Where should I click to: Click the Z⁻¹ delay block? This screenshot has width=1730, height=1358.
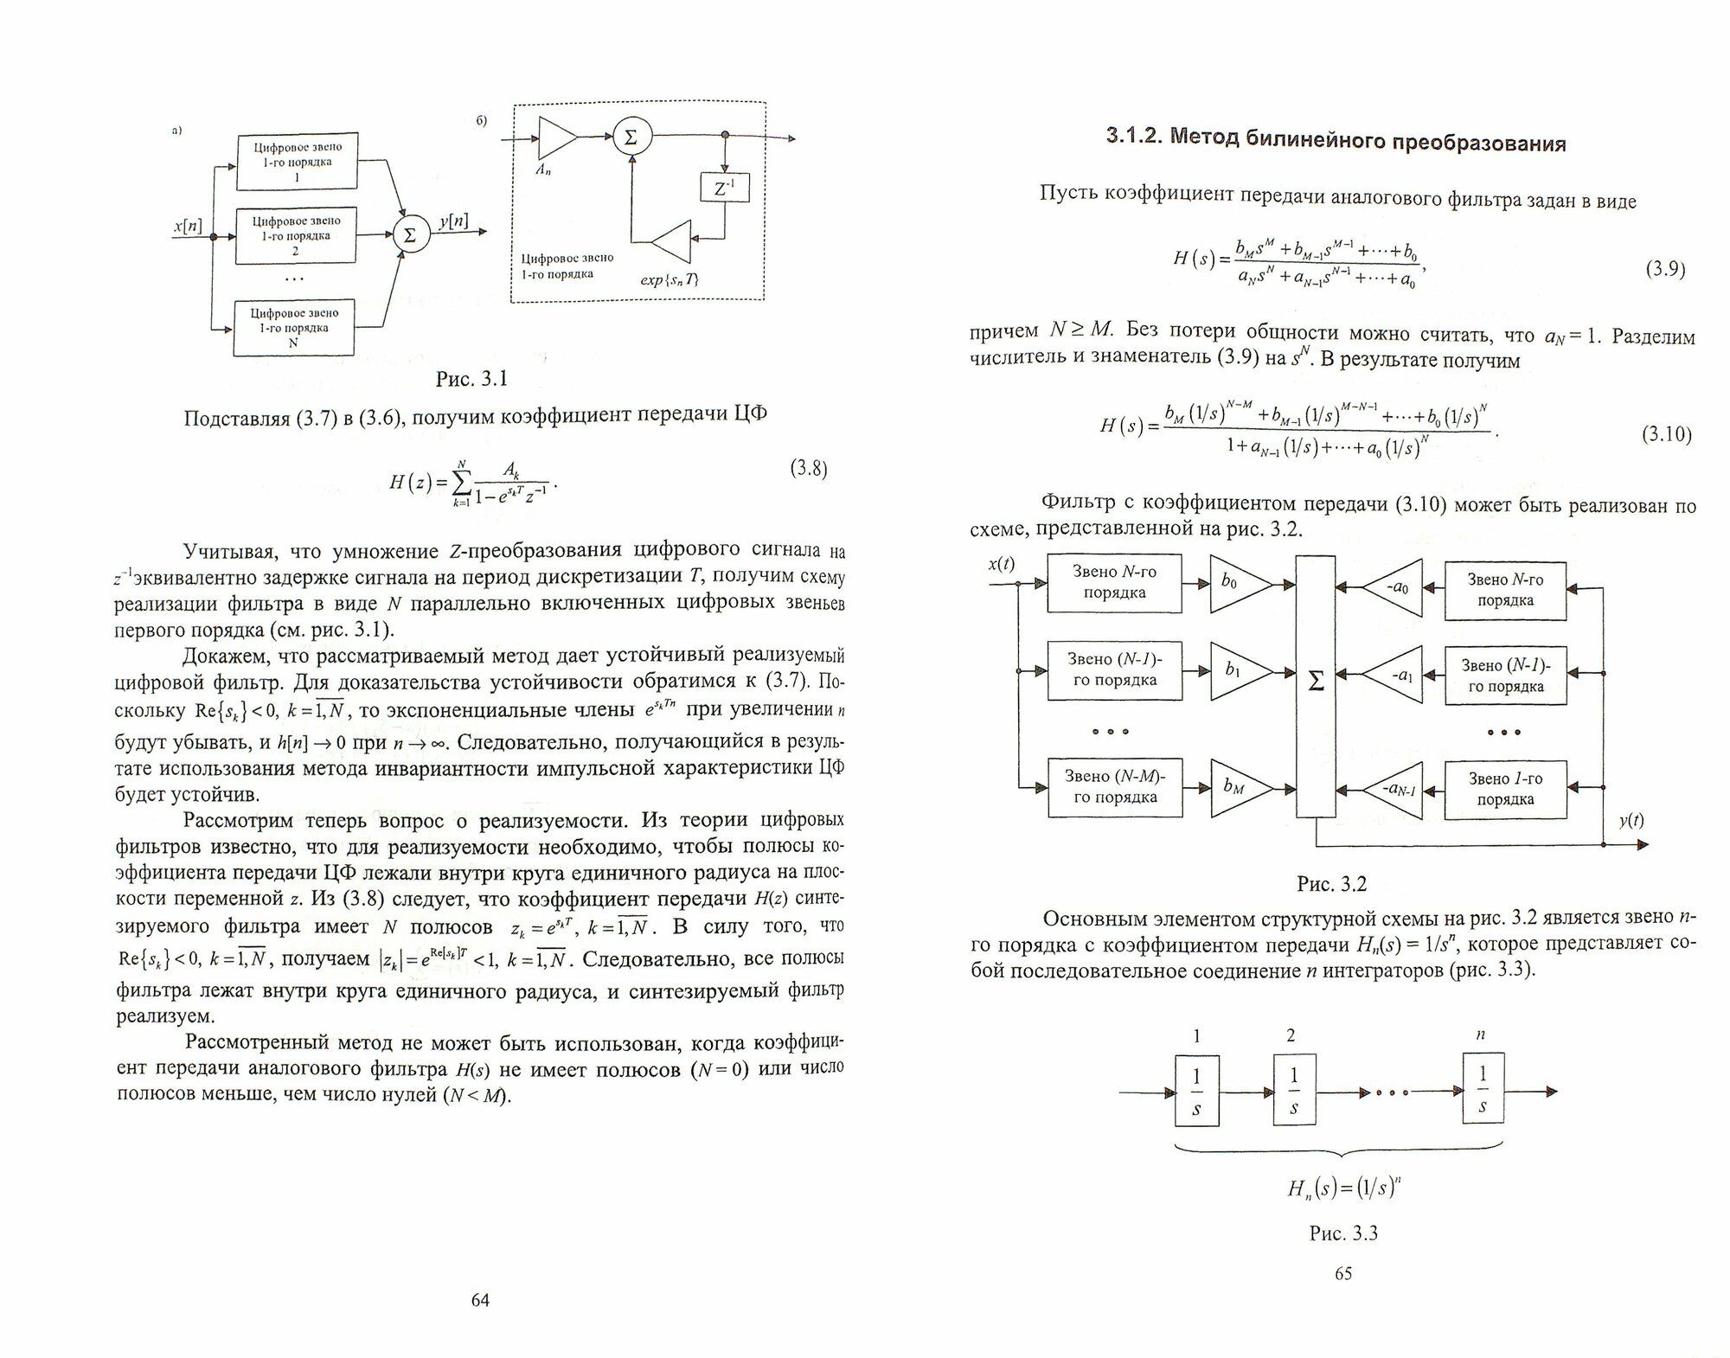point(724,188)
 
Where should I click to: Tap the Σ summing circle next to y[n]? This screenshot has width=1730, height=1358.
point(411,234)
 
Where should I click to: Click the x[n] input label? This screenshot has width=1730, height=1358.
point(188,227)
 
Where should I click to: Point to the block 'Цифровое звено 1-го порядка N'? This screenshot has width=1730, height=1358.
point(294,328)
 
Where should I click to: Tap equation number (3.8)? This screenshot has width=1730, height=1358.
point(809,469)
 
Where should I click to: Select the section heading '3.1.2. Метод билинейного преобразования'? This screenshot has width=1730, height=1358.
point(1336,140)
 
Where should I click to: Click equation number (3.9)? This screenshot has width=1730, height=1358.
point(1664,269)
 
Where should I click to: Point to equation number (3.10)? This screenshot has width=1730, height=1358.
point(1666,433)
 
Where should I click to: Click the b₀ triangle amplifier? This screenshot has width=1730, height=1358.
point(1237,585)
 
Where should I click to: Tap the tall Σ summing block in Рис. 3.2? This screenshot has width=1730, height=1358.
point(1315,683)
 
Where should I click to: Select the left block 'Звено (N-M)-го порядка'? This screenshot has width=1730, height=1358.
point(1115,787)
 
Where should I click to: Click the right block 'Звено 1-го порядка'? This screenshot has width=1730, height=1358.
point(1505,789)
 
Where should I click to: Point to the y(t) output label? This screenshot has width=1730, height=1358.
point(1631,821)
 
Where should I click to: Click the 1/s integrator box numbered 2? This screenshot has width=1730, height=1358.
point(1294,1091)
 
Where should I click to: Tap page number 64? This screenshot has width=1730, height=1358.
point(480,1300)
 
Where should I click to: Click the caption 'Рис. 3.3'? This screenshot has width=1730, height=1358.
point(1342,1233)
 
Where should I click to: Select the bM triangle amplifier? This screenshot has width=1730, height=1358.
point(1237,787)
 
